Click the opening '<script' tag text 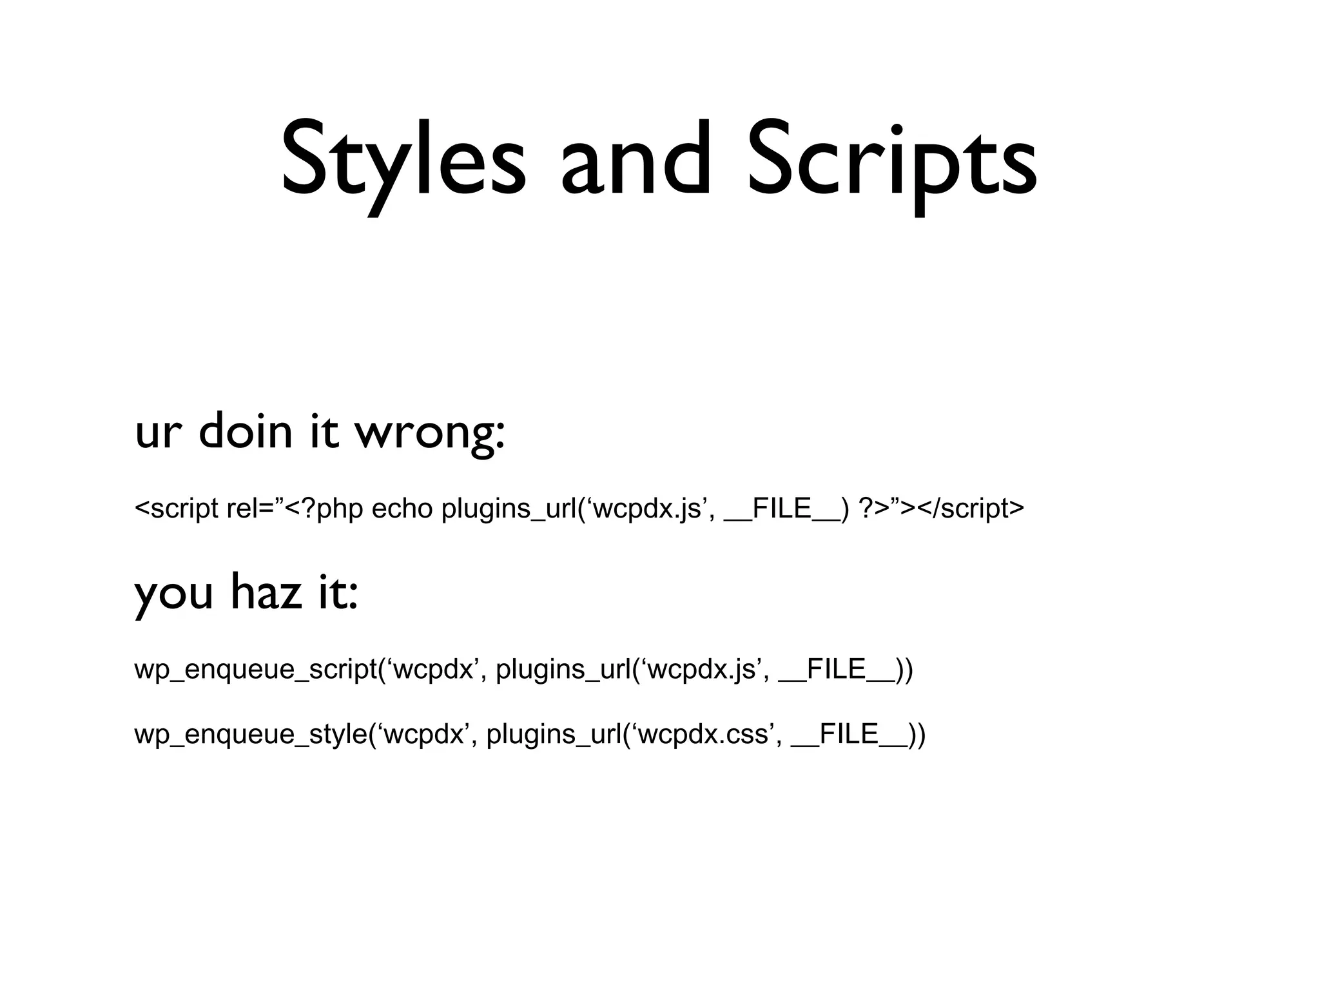coord(176,509)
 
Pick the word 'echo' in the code coord(402,509)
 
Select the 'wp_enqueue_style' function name coord(251,734)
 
